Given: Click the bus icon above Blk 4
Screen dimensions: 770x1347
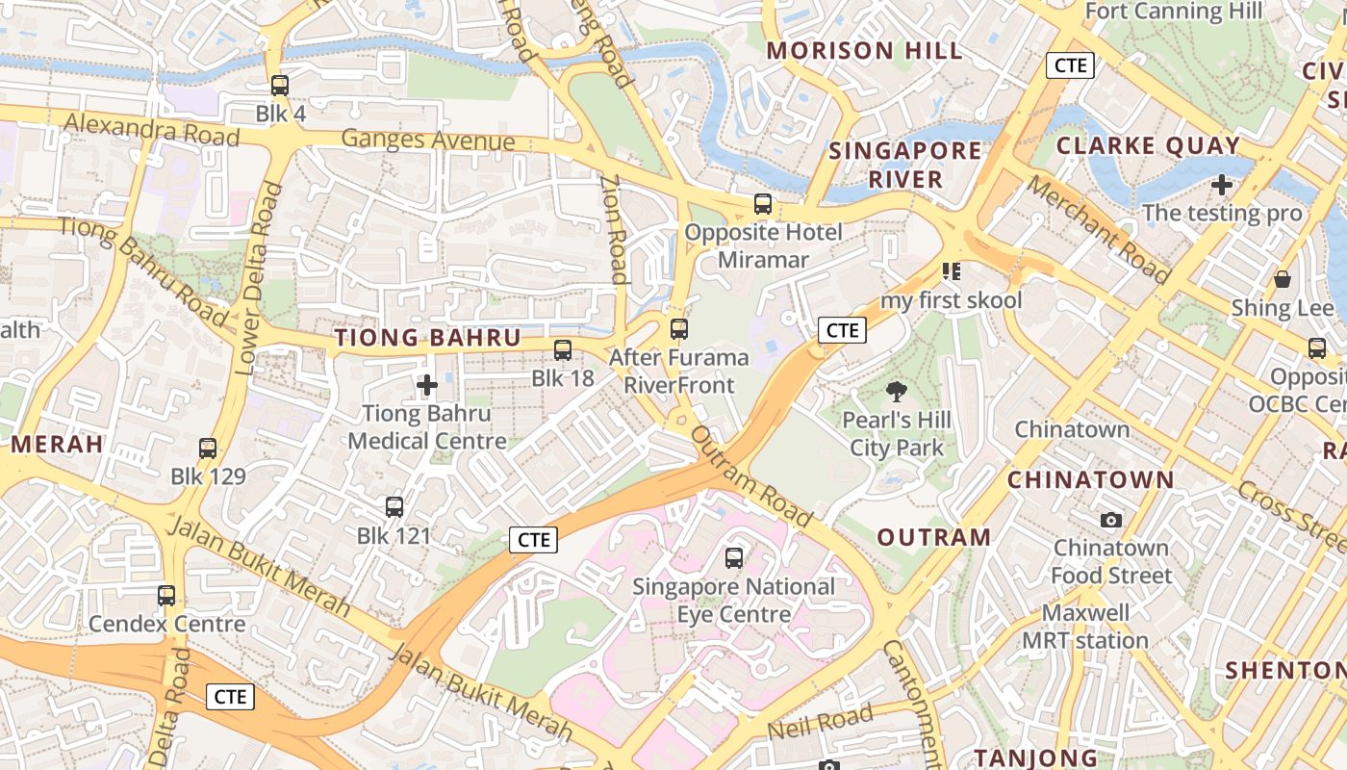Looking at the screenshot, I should [x=280, y=86].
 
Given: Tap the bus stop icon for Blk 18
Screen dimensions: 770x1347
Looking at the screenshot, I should [x=563, y=350].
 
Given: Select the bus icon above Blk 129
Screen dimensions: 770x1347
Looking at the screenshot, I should [x=208, y=449].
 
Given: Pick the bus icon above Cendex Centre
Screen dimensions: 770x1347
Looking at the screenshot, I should [x=166, y=596].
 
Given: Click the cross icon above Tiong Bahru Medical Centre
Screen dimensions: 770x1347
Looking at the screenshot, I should [x=427, y=386].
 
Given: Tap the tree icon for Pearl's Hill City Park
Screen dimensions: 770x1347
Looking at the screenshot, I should [x=897, y=392].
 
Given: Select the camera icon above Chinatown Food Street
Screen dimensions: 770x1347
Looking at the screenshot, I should [x=1111, y=520].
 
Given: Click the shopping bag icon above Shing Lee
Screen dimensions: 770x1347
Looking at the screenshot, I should [x=1283, y=280].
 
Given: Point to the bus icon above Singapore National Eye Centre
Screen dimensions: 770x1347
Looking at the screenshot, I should [x=734, y=558].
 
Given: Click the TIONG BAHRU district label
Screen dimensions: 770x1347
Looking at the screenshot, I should [x=427, y=338].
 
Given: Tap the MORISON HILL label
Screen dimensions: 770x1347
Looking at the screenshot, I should [x=864, y=51].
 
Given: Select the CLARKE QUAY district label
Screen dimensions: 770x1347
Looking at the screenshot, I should [x=1148, y=146].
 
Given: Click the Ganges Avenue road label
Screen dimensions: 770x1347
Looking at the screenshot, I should [x=428, y=141].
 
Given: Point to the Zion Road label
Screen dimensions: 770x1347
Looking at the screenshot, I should [x=614, y=228].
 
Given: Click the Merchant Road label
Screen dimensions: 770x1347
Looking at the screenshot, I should [x=1098, y=229].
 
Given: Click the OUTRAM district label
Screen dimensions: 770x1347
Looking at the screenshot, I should [x=933, y=537].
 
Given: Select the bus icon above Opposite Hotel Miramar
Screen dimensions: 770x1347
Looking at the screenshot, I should [x=763, y=204].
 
